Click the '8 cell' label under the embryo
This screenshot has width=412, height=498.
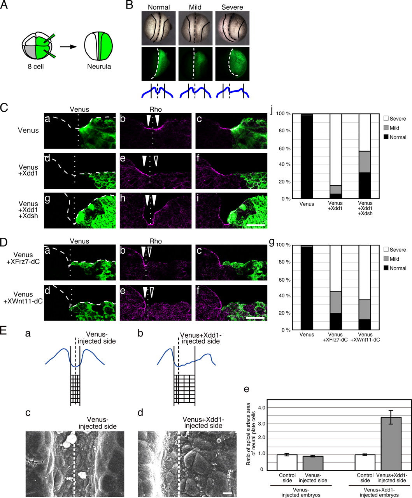pos(35,66)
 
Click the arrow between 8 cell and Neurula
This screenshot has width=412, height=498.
pos(68,47)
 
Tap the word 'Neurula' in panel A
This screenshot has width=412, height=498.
pos(99,66)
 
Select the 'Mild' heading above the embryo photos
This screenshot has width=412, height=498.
pos(195,7)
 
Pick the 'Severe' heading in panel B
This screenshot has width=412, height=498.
pos(232,7)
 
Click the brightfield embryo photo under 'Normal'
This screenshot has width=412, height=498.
pos(158,28)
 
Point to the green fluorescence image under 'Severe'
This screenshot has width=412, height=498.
pos(232,64)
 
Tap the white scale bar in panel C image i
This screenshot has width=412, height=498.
pos(256,225)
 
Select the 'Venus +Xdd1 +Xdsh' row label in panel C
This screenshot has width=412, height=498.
pos(28,210)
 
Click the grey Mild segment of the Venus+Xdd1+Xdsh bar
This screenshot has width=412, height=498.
pos(365,162)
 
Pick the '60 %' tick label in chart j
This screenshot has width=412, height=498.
pos(284,149)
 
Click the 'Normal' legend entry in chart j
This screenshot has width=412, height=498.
pos(395,137)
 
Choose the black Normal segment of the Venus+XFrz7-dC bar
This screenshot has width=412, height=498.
pos(336,321)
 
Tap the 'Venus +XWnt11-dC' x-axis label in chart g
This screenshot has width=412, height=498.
pos(365,337)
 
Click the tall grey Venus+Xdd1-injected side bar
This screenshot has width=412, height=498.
pos(391,444)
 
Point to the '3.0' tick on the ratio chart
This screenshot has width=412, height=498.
pos(262,423)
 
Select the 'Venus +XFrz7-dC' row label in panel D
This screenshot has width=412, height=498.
pos(23,258)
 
